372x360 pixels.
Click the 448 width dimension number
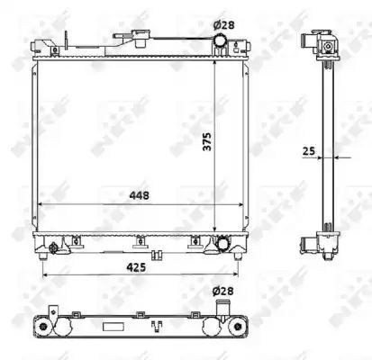139,195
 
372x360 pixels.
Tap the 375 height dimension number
207,141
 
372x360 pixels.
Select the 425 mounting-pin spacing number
136,267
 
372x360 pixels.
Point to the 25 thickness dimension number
309,151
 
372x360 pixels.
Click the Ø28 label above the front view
223,25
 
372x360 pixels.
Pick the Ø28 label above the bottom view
223,291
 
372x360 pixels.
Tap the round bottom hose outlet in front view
223,243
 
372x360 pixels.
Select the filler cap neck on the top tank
141,39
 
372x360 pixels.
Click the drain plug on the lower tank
53,248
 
